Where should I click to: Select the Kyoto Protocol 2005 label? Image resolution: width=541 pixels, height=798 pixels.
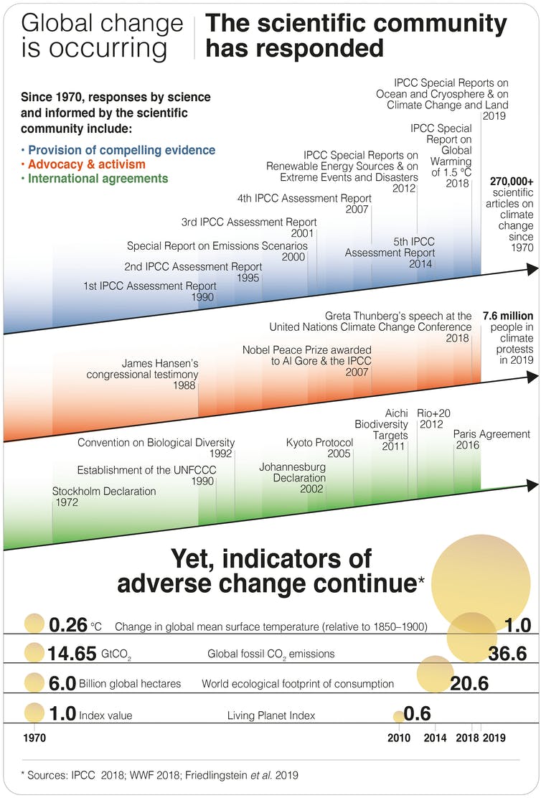coord(319,448)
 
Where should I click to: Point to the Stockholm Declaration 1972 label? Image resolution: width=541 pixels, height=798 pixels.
coord(103,497)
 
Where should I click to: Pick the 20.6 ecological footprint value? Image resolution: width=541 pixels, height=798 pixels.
coord(469,684)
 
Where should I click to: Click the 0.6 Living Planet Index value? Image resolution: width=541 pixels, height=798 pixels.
coord(417,713)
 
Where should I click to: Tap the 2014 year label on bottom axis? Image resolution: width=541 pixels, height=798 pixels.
coord(436,738)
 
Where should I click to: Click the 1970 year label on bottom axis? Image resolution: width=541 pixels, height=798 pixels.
coord(34,738)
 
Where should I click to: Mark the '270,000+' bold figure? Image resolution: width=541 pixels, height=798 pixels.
coord(512,182)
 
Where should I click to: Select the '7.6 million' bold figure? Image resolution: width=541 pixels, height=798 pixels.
coord(508,315)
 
